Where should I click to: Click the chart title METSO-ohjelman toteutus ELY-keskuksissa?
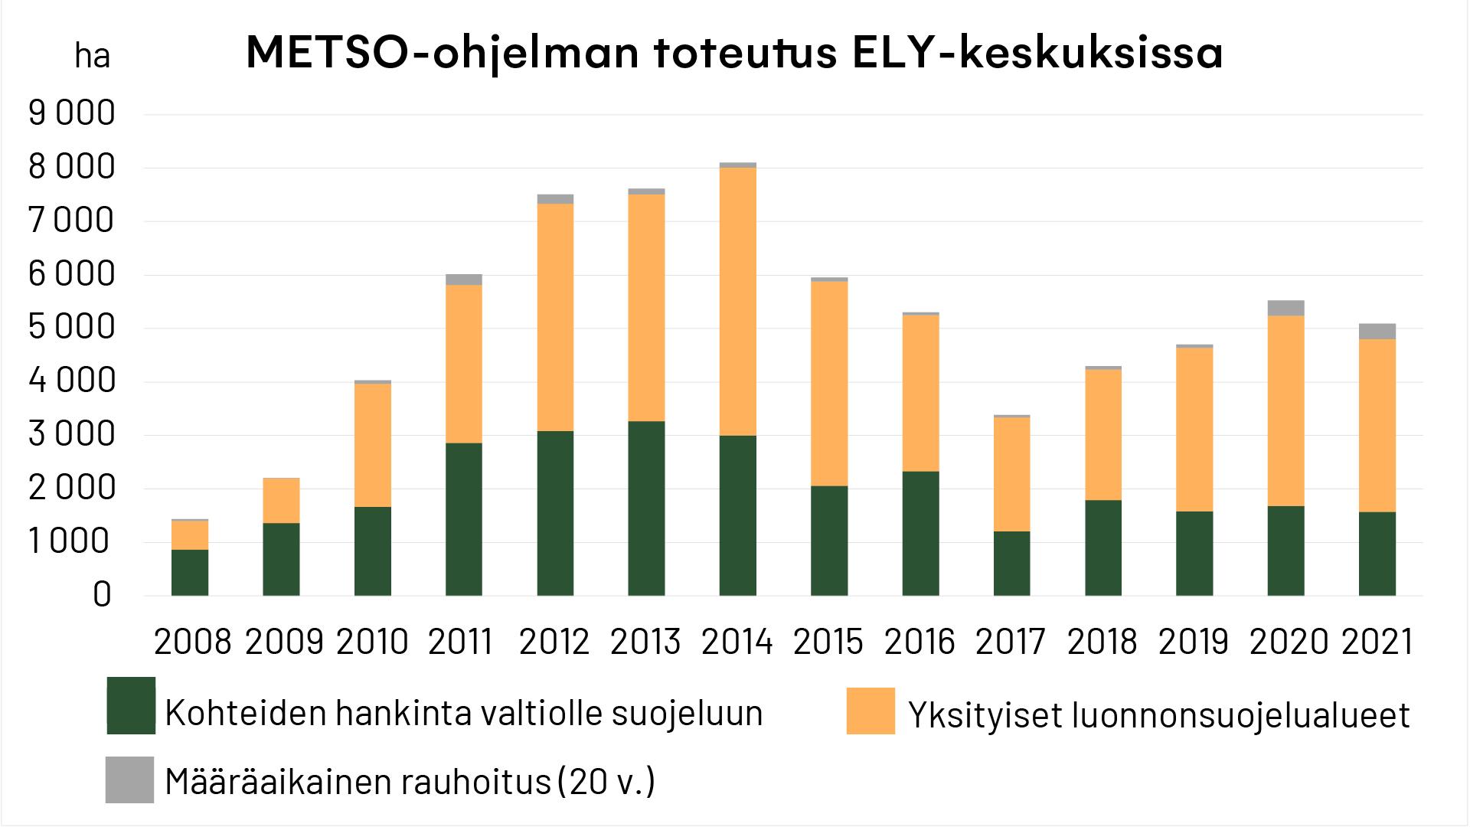click(x=733, y=52)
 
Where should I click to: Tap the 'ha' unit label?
click(x=92, y=56)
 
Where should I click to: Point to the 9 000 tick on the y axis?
click(x=72, y=113)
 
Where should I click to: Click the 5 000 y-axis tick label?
click(x=72, y=327)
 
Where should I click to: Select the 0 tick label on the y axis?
click(x=102, y=594)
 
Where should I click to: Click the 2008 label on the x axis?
click(x=192, y=642)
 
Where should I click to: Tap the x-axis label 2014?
click(x=737, y=642)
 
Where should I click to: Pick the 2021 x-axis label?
click(x=1377, y=642)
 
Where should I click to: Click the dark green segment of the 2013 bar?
click(x=646, y=508)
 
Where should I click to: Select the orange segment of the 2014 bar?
click(x=737, y=301)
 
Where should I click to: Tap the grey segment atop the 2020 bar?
click(x=1285, y=308)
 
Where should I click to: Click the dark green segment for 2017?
click(x=1011, y=563)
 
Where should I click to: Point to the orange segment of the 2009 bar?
click(x=281, y=501)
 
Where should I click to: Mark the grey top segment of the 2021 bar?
click(x=1377, y=332)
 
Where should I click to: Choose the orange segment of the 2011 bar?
click(x=463, y=364)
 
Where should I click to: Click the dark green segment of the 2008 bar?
click(x=190, y=572)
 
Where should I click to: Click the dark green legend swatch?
click(x=131, y=705)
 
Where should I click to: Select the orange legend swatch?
click(x=871, y=711)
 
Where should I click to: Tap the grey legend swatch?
click(x=129, y=780)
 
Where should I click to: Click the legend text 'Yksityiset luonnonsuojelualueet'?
click(x=1158, y=715)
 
